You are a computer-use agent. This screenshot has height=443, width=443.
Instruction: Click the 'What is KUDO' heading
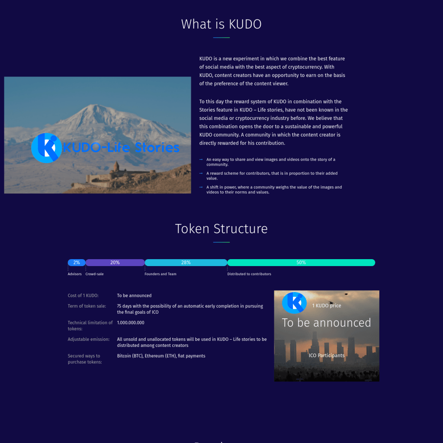click(x=221, y=24)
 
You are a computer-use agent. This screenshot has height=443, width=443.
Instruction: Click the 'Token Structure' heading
click(x=221, y=228)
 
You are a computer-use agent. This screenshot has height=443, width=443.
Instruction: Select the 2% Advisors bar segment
click(x=77, y=263)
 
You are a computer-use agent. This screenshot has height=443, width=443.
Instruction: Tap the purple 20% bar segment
click(x=115, y=263)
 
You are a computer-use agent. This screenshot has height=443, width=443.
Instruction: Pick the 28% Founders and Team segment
click(x=186, y=263)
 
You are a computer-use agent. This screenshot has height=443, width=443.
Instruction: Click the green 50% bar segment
click(x=301, y=263)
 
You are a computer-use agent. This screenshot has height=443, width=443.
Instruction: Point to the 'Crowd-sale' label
click(x=95, y=274)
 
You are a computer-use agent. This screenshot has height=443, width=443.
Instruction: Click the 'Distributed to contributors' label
click(x=249, y=274)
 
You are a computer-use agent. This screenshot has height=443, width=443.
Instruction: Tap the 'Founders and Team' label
click(x=161, y=274)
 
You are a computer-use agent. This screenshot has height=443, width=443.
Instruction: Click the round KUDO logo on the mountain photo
click(x=46, y=148)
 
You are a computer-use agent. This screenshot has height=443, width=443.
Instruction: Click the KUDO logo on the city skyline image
click(x=294, y=303)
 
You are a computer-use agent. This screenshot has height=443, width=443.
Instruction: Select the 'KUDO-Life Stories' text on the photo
click(x=121, y=148)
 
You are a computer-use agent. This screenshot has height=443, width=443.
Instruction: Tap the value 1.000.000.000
click(x=131, y=323)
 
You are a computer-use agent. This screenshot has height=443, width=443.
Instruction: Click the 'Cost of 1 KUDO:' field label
click(x=83, y=295)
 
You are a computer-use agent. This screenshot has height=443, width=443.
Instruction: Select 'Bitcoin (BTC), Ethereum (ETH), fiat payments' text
click(x=161, y=356)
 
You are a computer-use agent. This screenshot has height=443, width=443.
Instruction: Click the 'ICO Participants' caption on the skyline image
click(x=327, y=356)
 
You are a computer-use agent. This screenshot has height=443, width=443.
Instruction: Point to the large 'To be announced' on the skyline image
click(x=326, y=323)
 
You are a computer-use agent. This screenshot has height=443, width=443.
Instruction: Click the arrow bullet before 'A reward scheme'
click(x=201, y=173)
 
